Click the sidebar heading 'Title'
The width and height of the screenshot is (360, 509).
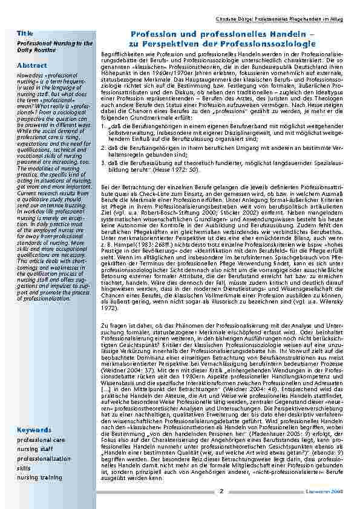(x=25, y=32)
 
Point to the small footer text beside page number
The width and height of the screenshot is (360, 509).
(x=331, y=491)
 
